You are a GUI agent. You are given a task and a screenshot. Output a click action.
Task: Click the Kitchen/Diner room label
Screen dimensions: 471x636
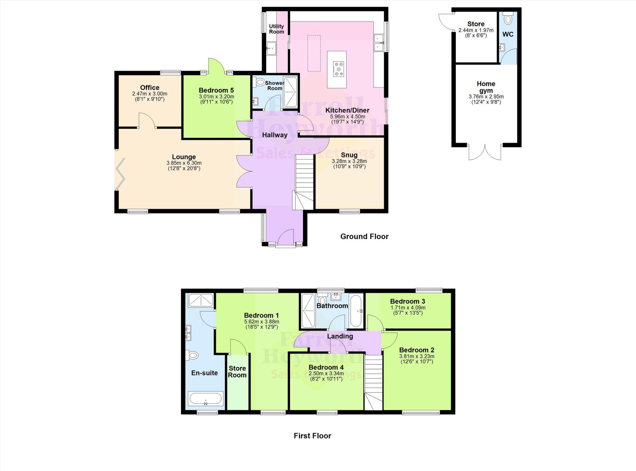pos(347,110)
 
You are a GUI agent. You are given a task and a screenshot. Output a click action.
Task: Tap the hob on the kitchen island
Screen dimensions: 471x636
pos(338,69)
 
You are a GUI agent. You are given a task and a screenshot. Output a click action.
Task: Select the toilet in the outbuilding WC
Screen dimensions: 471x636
pos(508,19)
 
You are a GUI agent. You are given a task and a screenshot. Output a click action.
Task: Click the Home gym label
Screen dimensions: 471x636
pos(486,87)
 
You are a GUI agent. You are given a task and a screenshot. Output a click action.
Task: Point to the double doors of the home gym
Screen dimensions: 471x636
pos(485,152)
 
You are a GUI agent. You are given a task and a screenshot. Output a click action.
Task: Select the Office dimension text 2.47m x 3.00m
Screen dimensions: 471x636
pos(150,94)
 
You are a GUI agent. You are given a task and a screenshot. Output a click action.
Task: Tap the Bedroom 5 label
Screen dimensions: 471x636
pos(216,90)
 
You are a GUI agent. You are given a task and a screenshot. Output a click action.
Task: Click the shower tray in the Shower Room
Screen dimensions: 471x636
pos(290,92)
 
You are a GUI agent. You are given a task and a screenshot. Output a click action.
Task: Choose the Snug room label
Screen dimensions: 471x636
pos(349,155)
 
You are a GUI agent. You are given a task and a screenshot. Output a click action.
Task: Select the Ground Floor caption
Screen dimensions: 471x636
pos(364,237)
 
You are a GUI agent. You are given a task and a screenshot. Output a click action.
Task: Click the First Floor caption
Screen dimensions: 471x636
pos(312,436)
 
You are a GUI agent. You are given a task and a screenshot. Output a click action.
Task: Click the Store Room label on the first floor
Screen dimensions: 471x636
pos(237,371)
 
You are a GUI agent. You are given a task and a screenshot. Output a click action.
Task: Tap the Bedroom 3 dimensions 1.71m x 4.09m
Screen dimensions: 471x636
pos(408,308)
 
